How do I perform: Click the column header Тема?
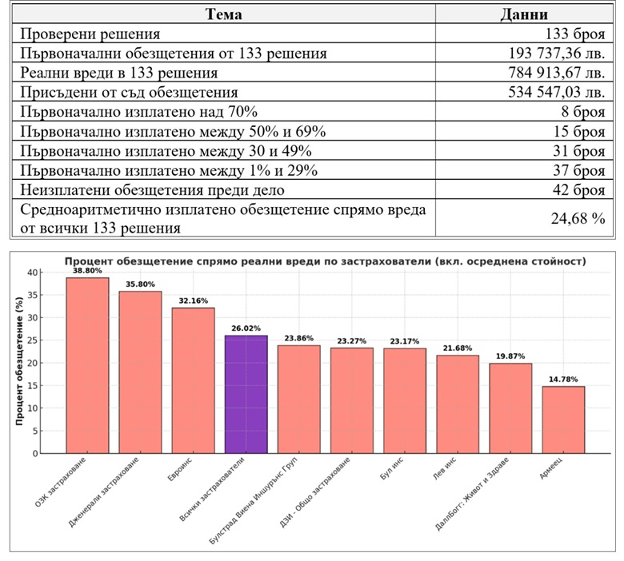[223, 15]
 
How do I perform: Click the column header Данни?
[523, 15]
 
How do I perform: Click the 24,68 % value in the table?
[576, 217]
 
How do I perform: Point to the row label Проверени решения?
[90, 34]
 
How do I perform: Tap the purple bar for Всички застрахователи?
[246, 394]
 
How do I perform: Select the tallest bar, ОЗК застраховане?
[87, 365]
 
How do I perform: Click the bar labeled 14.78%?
[563, 420]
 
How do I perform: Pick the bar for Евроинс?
[193, 380]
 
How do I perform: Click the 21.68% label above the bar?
[458, 348]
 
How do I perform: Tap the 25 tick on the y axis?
[33, 340]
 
